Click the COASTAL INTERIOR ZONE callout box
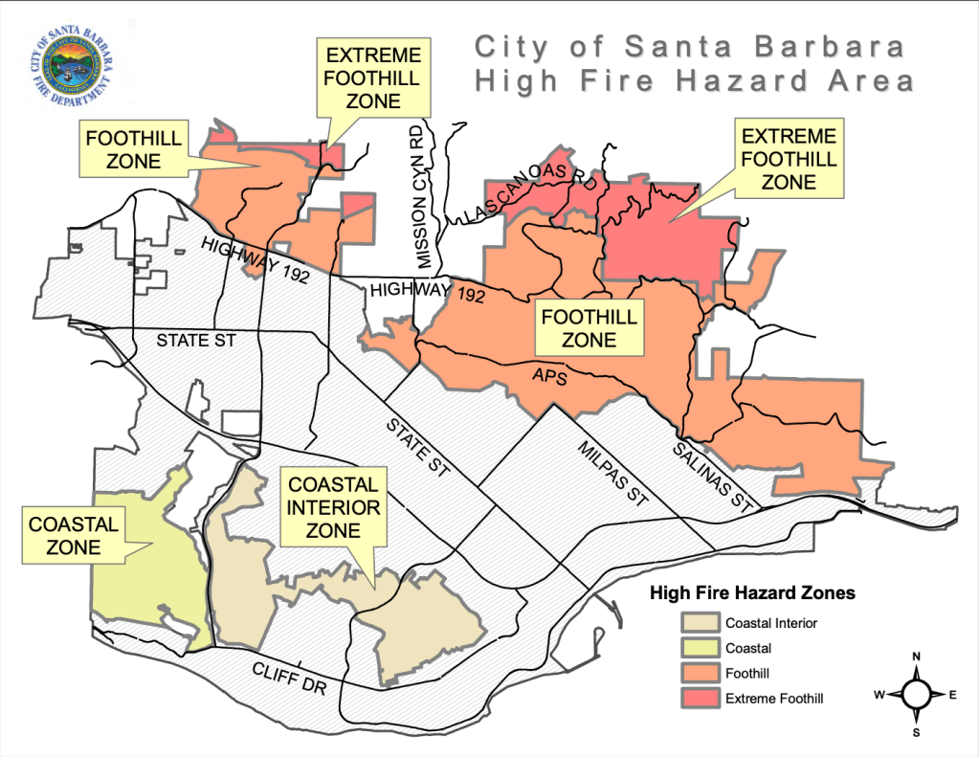(x=333, y=506)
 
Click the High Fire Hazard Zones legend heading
(x=752, y=593)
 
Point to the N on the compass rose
(x=916, y=657)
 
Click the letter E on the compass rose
(x=952, y=695)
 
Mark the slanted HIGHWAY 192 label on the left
(x=244, y=259)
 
